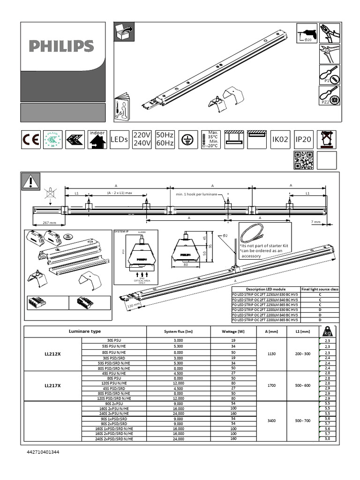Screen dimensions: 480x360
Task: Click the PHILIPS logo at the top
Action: tap(61, 46)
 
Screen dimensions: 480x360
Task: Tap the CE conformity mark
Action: tap(31, 140)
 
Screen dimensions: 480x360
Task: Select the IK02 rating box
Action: tap(280, 140)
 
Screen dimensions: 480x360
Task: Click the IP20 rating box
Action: tap(303, 140)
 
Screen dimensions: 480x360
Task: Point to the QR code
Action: tap(303, 160)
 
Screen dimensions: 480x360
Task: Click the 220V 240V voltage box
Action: tap(142, 139)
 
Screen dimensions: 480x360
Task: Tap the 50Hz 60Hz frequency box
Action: tap(165, 139)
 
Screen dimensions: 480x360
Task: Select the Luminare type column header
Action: tap(85, 331)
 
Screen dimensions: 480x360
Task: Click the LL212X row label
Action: tap(52, 354)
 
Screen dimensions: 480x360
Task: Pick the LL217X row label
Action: tap(52, 386)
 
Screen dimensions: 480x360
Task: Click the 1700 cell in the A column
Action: tap(271, 386)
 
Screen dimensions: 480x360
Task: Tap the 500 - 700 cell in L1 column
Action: tap(302, 420)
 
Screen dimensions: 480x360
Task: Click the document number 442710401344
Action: tap(43, 452)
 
